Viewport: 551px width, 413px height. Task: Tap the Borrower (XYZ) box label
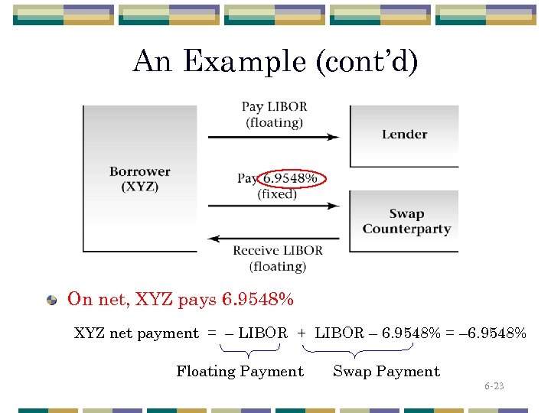tap(139, 179)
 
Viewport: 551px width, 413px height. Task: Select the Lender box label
tap(404, 135)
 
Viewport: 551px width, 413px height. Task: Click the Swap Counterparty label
tap(406, 222)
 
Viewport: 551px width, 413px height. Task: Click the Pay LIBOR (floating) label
tap(274, 114)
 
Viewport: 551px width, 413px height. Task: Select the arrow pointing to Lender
tap(273, 137)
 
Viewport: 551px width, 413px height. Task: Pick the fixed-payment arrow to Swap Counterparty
tap(273, 205)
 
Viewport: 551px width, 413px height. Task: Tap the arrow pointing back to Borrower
tap(273, 237)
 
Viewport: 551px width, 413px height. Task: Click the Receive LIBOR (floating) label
tap(277, 258)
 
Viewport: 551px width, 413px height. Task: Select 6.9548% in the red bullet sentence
tap(257, 299)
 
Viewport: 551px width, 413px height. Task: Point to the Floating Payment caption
tap(240, 372)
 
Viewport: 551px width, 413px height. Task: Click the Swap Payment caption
tap(386, 372)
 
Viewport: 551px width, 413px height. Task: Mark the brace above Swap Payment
tap(356, 352)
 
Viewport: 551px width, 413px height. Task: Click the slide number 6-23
tap(494, 386)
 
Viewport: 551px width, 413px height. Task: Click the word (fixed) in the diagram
tap(277, 194)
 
